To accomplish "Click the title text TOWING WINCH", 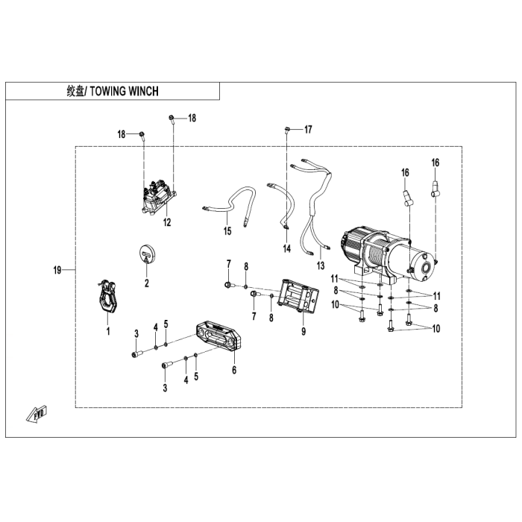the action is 125,91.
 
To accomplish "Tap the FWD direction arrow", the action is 37,414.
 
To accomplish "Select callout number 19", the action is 57,270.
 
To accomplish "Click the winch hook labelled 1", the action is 107,296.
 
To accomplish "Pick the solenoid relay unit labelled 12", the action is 158,197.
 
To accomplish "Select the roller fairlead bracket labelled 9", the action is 298,296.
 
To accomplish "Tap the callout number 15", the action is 227,230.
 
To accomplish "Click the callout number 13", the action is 320,265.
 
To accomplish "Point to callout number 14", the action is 286,248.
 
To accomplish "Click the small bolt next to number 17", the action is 287,130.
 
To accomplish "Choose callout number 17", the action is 308,129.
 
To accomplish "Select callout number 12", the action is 167,222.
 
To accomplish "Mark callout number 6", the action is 234,370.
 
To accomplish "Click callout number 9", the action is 304,332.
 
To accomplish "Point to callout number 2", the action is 146,283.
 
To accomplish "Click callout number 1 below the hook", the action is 108,331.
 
